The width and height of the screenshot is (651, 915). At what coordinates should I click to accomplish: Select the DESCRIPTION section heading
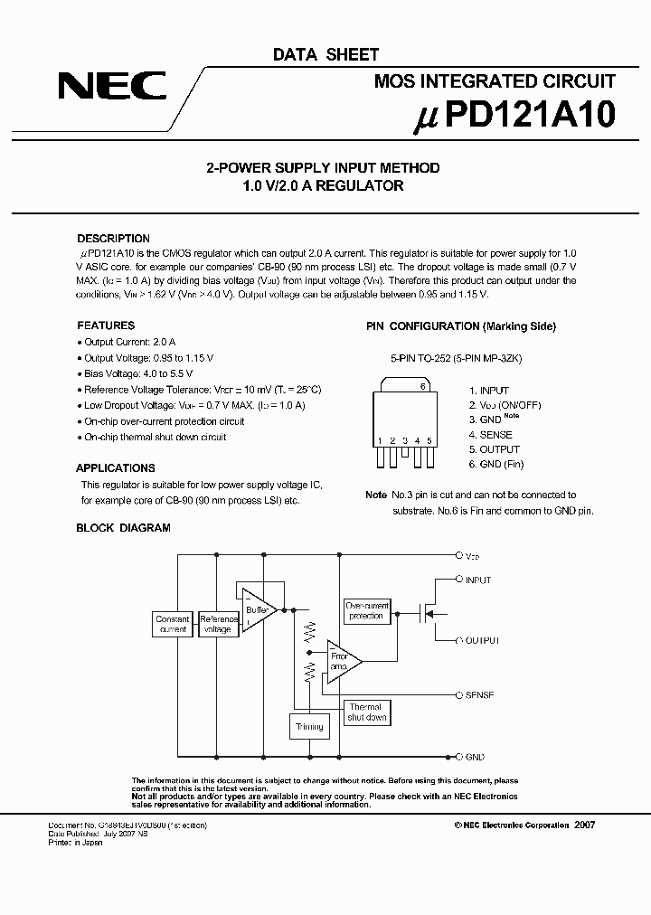coord(113,239)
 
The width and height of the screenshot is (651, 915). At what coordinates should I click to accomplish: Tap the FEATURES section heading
coord(106,325)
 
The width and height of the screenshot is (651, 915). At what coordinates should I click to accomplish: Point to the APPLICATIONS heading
coord(115,468)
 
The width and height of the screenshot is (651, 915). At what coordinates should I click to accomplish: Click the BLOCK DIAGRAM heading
coord(123,528)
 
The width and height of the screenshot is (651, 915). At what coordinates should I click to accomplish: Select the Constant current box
coord(172,624)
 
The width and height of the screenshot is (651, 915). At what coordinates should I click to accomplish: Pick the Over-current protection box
coord(366,610)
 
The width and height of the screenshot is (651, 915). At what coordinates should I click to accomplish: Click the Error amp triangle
coord(342,660)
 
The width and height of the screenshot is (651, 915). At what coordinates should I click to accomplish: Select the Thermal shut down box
coord(366,712)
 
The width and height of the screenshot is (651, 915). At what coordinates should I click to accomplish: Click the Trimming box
coord(308,726)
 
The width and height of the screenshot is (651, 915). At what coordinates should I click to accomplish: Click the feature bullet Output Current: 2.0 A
coord(129,342)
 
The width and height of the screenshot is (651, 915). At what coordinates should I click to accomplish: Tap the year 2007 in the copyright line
coord(584,825)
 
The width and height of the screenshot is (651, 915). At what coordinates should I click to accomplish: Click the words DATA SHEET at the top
coord(325,55)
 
